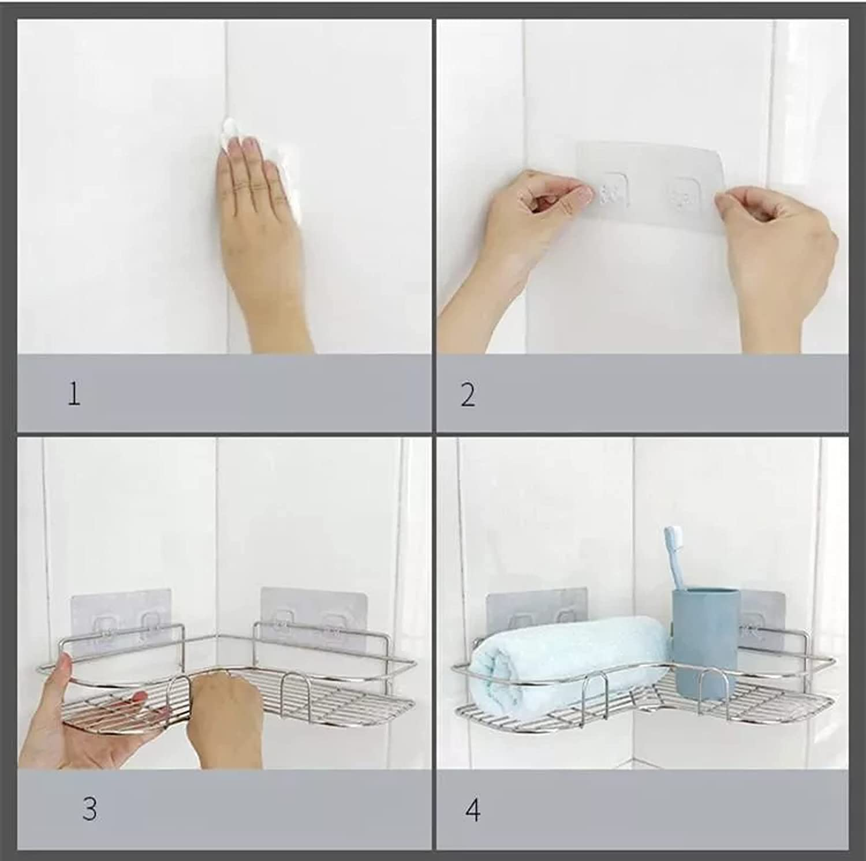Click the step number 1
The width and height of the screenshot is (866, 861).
pos(74,394)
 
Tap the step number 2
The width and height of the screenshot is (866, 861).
pos(468,395)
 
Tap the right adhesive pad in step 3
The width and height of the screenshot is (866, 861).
pos(312,617)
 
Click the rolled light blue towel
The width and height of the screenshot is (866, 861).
pos(569,652)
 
